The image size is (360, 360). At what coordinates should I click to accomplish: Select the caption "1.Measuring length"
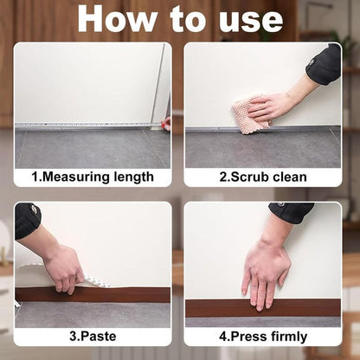point(93,177)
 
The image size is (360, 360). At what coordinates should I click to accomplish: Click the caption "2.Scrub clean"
point(263,177)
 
